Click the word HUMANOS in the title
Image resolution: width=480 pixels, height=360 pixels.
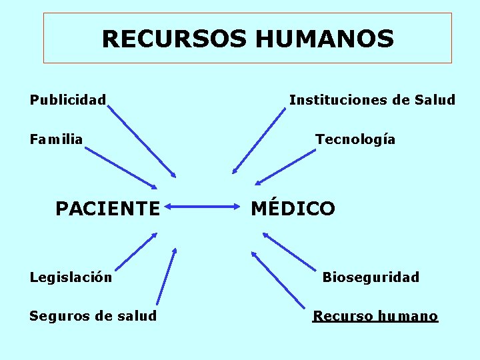[x=324, y=39]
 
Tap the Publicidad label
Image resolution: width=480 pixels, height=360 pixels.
[x=68, y=100]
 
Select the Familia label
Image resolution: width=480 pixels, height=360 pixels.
[x=57, y=139]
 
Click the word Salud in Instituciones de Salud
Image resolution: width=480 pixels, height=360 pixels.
[x=435, y=100]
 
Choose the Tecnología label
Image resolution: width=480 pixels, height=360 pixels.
[x=355, y=139]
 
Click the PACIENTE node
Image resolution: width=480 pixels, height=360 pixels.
[x=108, y=209]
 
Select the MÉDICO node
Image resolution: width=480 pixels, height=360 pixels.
[x=293, y=208]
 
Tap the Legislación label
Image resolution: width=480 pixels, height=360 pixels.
[x=71, y=277]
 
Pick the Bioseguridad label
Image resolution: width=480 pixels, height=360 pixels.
[x=371, y=277]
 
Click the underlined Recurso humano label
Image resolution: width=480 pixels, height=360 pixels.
[x=375, y=316]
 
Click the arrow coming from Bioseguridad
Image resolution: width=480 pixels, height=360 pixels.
[x=289, y=251]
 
